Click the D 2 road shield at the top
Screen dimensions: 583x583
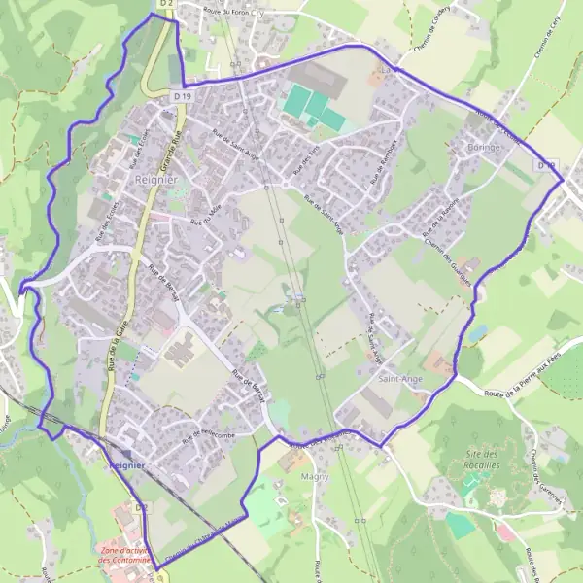coord(165,5)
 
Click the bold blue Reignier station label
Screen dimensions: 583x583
coord(126,465)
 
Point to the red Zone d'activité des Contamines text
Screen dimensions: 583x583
coord(126,556)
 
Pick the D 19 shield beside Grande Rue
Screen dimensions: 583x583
coord(182,95)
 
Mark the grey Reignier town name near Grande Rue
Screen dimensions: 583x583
coord(156,181)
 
